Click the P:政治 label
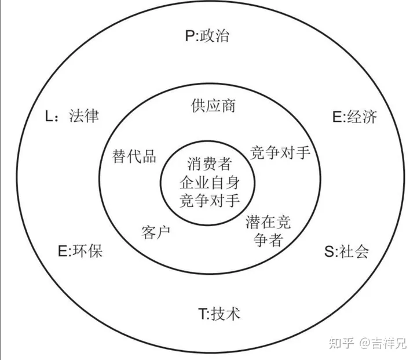pos(207,36)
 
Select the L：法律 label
pos(72,116)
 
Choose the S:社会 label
pos(346,252)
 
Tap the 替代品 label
pos(134,157)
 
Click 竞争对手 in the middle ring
pos(281,153)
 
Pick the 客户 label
pos(155,232)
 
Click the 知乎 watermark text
pos(341,344)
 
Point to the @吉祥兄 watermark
pos(383,344)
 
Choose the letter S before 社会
pos(328,252)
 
